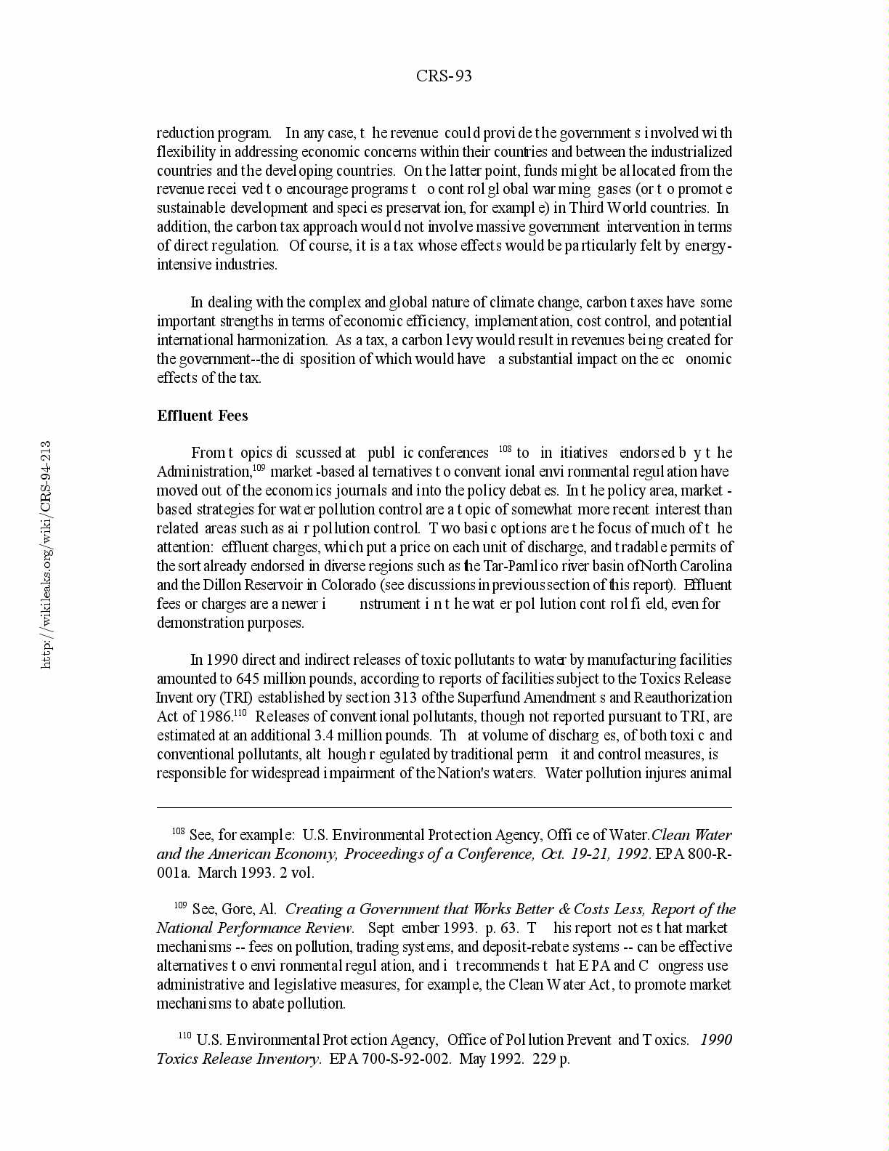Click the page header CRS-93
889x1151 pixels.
click(444, 76)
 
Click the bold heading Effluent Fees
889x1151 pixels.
click(203, 416)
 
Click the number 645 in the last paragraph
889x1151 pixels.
click(248, 679)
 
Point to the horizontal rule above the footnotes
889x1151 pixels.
click(444, 807)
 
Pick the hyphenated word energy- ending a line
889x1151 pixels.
click(708, 246)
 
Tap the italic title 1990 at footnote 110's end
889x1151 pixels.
click(716, 1040)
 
